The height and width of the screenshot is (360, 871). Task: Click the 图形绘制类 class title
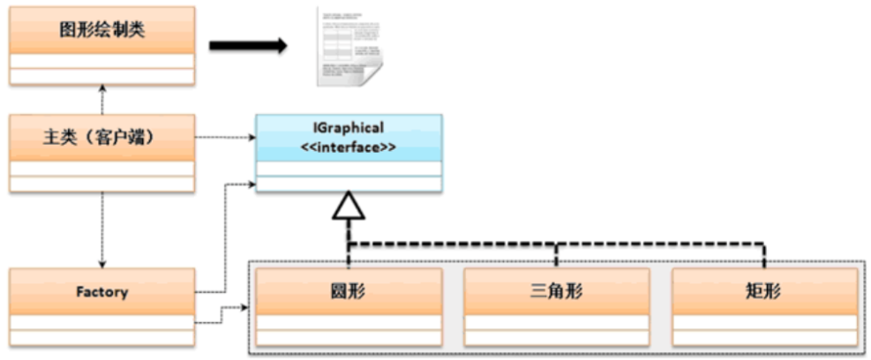(101, 30)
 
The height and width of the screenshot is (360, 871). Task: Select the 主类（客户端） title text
(101, 138)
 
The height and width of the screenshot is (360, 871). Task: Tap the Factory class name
(101, 292)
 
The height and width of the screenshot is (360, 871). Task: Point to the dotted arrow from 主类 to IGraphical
(225, 138)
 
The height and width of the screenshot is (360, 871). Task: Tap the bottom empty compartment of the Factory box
(101, 338)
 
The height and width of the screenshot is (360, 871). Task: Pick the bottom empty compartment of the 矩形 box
(764, 338)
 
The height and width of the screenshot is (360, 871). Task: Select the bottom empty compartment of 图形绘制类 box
(101, 77)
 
